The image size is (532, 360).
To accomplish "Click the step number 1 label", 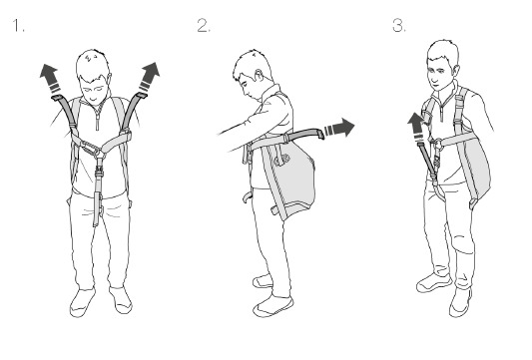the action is click(x=18, y=25).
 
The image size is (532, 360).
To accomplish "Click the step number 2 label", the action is click(x=204, y=25).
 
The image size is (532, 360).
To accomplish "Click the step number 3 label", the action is click(x=399, y=25).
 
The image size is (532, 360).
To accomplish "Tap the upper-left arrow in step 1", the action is click(x=51, y=79).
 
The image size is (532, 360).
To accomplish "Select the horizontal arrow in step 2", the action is click(x=339, y=128).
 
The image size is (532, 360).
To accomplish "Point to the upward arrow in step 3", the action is click(x=417, y=127).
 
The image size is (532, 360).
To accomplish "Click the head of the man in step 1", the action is click(x=93, y=75).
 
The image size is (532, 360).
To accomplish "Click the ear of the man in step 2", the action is click(x=259, y=75).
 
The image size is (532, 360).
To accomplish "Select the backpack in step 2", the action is click(x=290, y=178).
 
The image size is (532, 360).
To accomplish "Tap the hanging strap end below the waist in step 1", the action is click(x=98, y=208).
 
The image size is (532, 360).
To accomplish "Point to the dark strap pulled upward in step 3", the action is click(x=427, y=160).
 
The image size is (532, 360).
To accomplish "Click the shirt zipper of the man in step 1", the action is click(x=98, y=118).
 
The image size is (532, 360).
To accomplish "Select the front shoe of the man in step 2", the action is click(x=273, y=306).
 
